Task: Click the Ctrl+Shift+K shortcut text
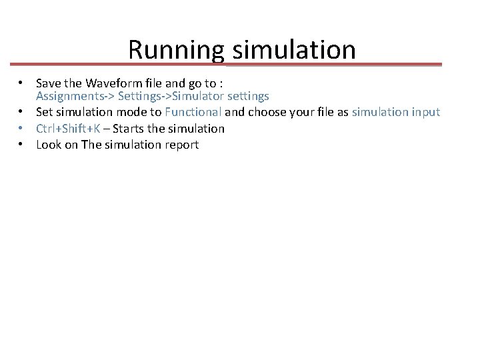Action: tap(69, 128)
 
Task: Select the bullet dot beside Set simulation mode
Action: tap(22, 112)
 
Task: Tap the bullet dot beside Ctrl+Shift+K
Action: tap(22, 128)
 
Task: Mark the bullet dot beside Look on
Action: tap(22, 144)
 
